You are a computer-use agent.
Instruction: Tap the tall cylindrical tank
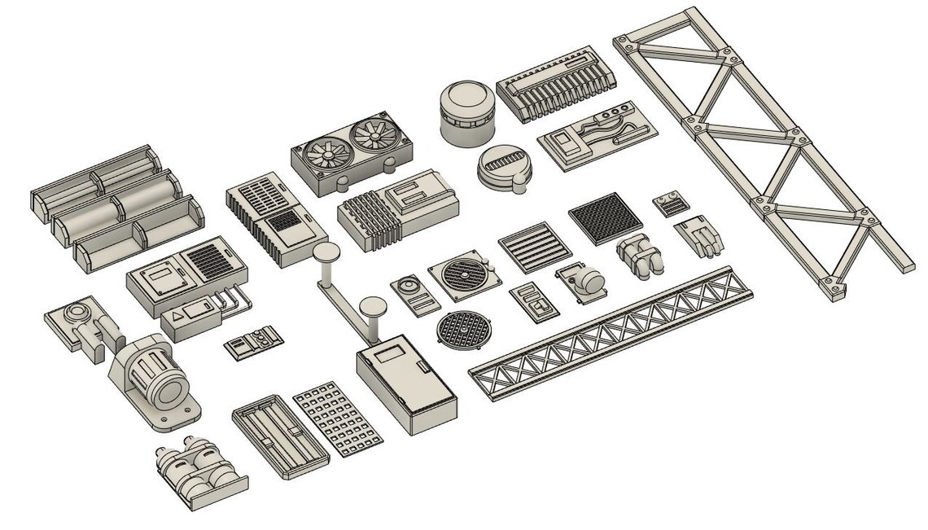[466, 112]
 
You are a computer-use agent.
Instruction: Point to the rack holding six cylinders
[116, 205]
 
